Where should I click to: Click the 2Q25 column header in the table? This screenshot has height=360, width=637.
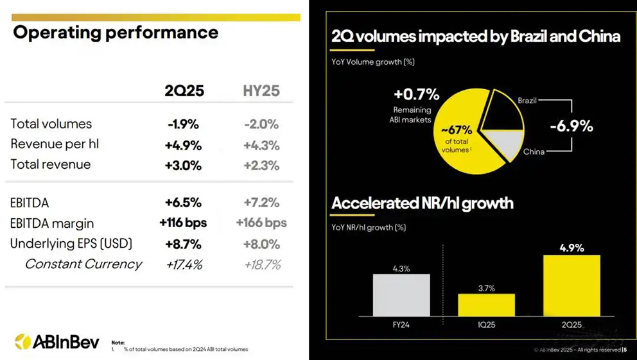tap(184, 90)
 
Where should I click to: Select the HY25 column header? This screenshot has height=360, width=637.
tap(261, 90)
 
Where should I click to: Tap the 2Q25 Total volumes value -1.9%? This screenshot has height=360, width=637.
tap(184, 124)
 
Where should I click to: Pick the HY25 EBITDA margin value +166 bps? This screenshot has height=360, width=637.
tap(261, 223)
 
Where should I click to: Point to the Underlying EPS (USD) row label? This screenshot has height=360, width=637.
tap(71, 244)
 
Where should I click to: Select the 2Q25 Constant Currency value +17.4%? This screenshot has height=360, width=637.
tap(184, 264)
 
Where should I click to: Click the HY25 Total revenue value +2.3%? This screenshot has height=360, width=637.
tap(261, 165)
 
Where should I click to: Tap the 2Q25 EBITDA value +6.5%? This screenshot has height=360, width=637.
tap(184, 203)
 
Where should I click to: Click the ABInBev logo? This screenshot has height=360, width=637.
tap(57, 341)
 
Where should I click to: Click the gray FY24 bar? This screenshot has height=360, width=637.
tap(401, 295)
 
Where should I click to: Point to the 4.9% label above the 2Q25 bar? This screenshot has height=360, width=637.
tap(571, 248)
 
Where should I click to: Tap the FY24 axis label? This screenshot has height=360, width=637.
tap(401, 325)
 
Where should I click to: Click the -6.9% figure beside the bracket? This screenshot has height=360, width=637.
tap(572, 126)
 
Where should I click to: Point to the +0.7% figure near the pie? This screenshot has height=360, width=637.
tap(417, 95)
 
